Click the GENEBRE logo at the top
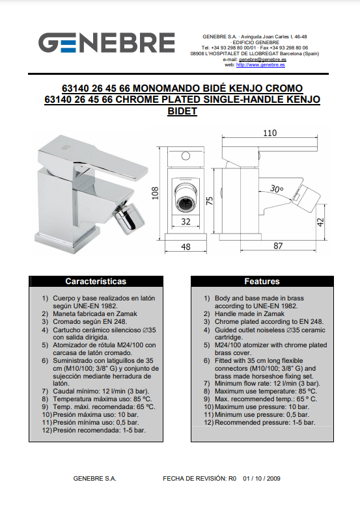107,42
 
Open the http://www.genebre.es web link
260,65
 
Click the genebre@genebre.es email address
262,59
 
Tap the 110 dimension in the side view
270,133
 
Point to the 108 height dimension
156,193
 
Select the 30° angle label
277,189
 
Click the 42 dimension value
320,222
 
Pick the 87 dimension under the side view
278,246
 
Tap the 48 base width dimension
186,247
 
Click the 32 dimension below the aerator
186,222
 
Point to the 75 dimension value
210,201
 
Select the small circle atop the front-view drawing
186,156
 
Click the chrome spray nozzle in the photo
131,218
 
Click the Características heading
96,282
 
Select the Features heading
262,282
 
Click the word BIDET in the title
182,111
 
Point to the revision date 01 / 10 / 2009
262,478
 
